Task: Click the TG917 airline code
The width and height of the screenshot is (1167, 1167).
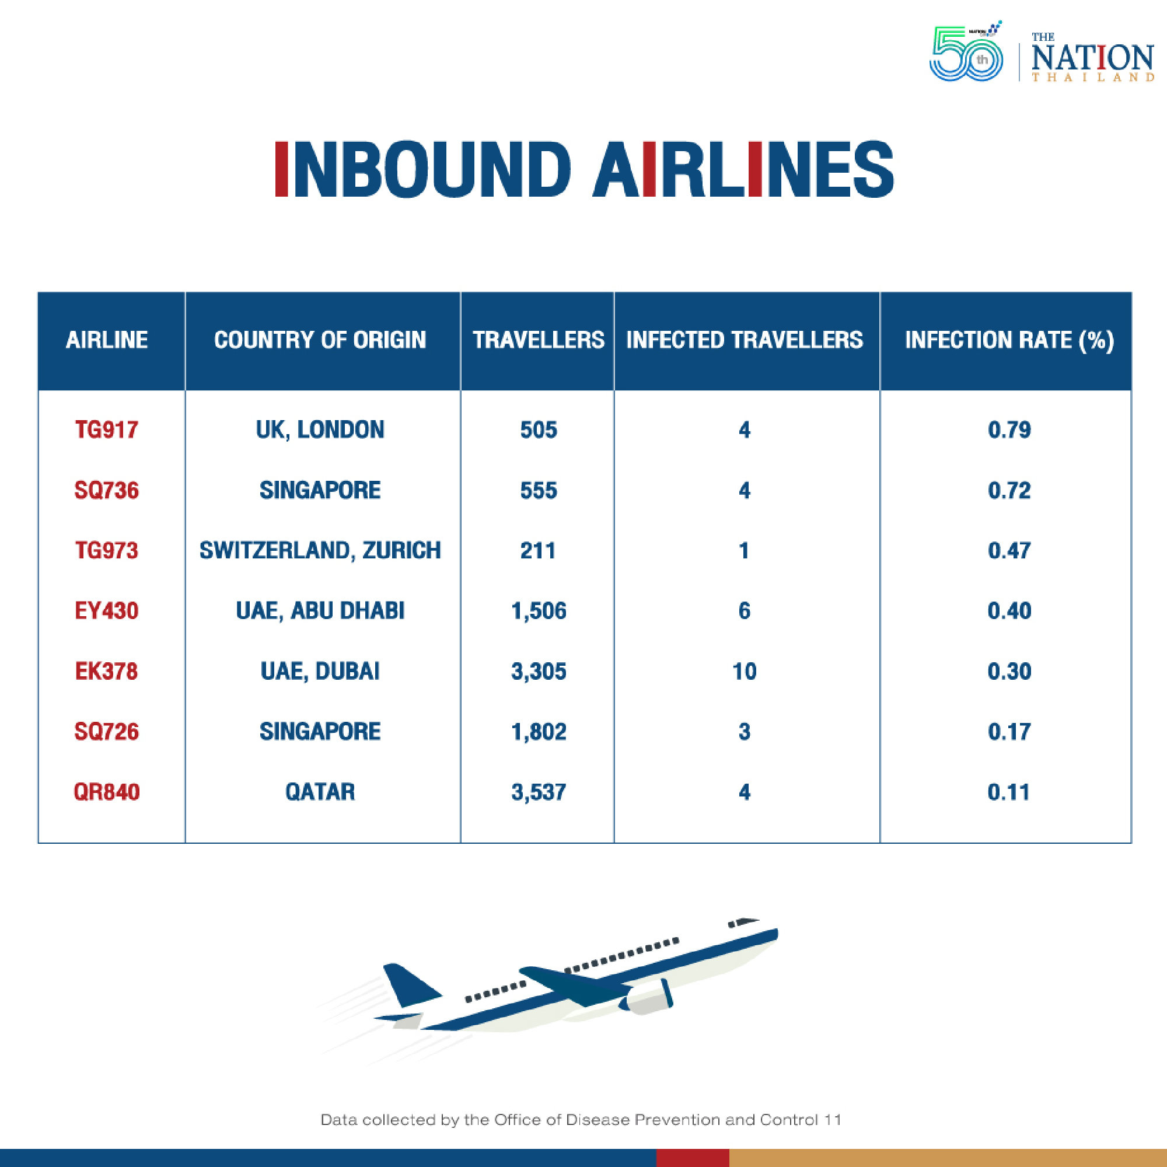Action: [x=106, y=430]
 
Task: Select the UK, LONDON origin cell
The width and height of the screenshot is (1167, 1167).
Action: [x=320, y=430]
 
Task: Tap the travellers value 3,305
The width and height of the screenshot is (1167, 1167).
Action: [x=539, y=672]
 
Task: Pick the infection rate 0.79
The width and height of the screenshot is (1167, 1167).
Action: [x=1009, y=430]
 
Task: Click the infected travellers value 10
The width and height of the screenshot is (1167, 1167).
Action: [x=744, y=672]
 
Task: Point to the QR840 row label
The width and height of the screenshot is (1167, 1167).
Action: [x=106, y=792]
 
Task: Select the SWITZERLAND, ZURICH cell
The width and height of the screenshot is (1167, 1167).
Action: [x=320, y=551]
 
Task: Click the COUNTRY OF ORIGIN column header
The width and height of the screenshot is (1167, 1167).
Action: [x=320, y=340]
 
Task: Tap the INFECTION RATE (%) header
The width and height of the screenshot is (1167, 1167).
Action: [x=1009, y=340]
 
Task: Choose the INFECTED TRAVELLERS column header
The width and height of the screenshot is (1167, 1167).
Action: [x=744, y=340]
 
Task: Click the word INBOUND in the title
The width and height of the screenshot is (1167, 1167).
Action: [x=423, y=169]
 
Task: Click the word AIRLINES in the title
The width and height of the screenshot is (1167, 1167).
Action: [x=743, y=169]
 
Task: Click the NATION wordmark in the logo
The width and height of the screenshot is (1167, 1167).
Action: [x=1093, y=58]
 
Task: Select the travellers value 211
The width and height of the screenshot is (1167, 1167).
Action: [x=537, y=551]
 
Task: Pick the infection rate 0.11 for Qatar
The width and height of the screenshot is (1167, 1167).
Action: [x=1008, y=792]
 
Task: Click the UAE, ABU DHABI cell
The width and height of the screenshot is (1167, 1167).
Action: [x=320, y=612]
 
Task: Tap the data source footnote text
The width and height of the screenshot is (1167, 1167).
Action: [x=581, y=1119]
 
